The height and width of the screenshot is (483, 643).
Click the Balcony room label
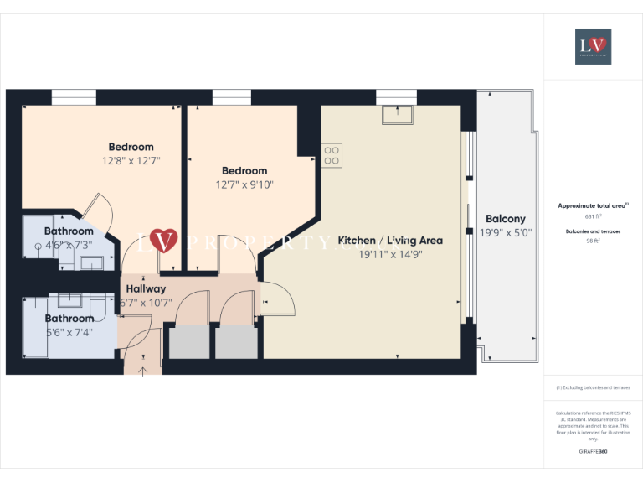[x=506, y=219]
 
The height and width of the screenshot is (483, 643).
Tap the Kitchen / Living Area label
[x=390, y=241]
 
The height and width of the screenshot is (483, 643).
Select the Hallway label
[x=146, y=288]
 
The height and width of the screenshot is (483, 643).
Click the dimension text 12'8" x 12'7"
[x=131, y=159]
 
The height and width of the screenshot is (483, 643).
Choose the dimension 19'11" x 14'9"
[x=390, y=254]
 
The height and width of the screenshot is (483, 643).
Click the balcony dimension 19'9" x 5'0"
[x=507, y=233]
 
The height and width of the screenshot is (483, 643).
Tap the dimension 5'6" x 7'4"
[x=69, y=332]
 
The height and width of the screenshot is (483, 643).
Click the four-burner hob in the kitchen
[x=332, y=155]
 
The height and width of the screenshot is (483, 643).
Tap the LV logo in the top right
[x=593, y=46]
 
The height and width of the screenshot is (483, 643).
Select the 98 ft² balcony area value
[x=594, y=241]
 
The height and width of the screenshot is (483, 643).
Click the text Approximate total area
[x=593, y=205]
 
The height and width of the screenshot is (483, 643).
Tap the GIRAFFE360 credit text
[x=593, y=452]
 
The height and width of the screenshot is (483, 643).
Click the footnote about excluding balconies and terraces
[x=593, y=387]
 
